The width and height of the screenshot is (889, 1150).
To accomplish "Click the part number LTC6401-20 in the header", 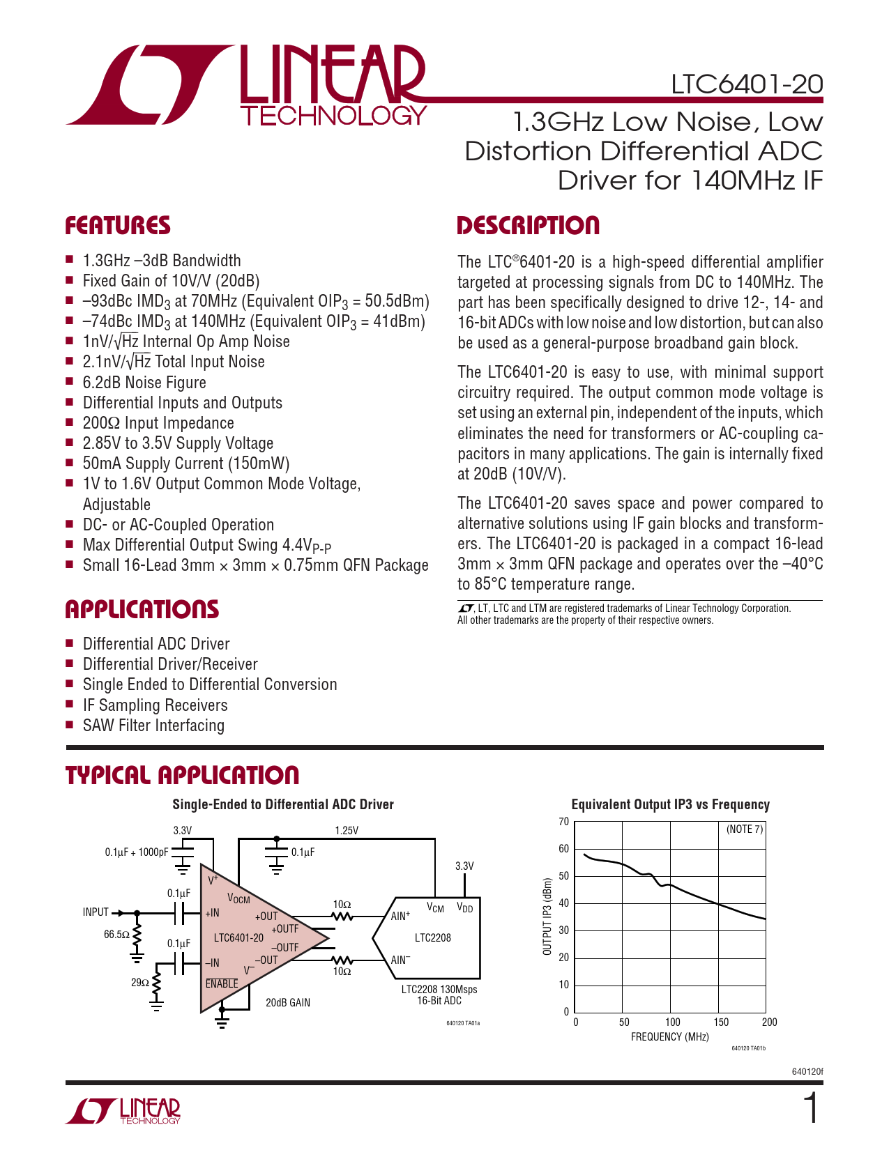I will (x=747, y=84).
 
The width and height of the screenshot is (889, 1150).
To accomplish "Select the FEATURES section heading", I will (x=118, y=226).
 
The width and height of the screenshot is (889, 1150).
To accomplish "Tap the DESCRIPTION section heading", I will (x=528, y=226).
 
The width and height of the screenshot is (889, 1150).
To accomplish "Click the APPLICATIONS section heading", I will (x=142, y=610).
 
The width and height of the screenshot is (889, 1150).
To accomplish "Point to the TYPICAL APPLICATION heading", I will (x=182, y=775).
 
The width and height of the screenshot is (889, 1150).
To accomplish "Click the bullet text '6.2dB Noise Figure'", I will (x=144, y=383).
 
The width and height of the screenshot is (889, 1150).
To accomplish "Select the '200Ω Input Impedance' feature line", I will (x=158, y=423).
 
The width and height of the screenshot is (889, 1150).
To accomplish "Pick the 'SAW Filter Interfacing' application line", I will (x=153, y=726).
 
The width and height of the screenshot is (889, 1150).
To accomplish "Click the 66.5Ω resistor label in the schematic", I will (x=116, y=934).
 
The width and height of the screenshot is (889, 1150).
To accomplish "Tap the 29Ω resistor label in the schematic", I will (x=139, y=983).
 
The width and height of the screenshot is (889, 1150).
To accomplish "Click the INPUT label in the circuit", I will (x=96, y=912).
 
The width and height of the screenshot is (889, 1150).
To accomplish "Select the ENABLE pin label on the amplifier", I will (x=222, y=984).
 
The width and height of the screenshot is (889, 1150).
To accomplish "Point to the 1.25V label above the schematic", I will (x=347, y=831).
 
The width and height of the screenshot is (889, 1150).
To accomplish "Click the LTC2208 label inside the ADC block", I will (x=432, y=937).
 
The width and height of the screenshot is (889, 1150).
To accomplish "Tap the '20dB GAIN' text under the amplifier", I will (x=288, y=1003).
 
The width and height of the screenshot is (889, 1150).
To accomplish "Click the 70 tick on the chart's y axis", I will (x=563, y=822).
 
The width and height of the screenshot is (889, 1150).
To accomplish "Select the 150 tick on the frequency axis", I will (x=721, y=1022).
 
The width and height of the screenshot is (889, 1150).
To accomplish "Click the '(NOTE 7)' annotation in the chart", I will (x=745, y=829).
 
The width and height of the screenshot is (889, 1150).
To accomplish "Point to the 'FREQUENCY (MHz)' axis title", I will (x=669, y=1037).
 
